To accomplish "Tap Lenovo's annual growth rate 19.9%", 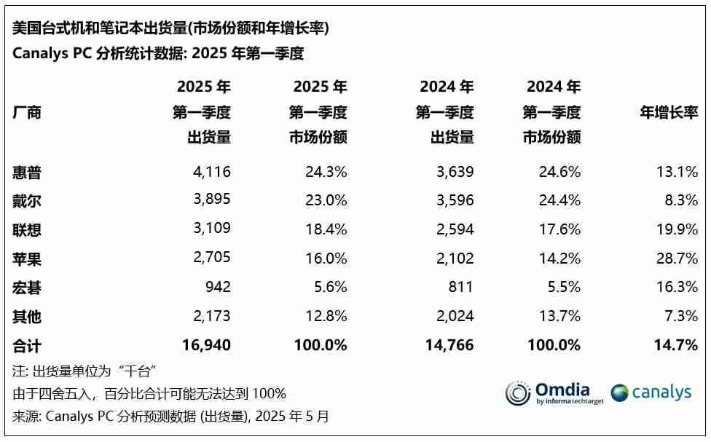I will click(676, 230).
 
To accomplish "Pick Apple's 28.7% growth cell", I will click(676, 259).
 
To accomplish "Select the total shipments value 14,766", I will click(449, 345).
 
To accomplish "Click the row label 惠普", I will click(27, 173).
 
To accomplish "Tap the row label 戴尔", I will click(27, 202).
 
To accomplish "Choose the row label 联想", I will click(27, 230).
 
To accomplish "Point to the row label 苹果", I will click(27, 259).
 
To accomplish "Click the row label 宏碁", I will click(27, 288).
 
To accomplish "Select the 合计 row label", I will click(27, 346).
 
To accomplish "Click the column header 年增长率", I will click(669, 113).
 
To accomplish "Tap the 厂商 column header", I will click(27, 113).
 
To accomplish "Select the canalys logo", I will click(651, 393).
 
